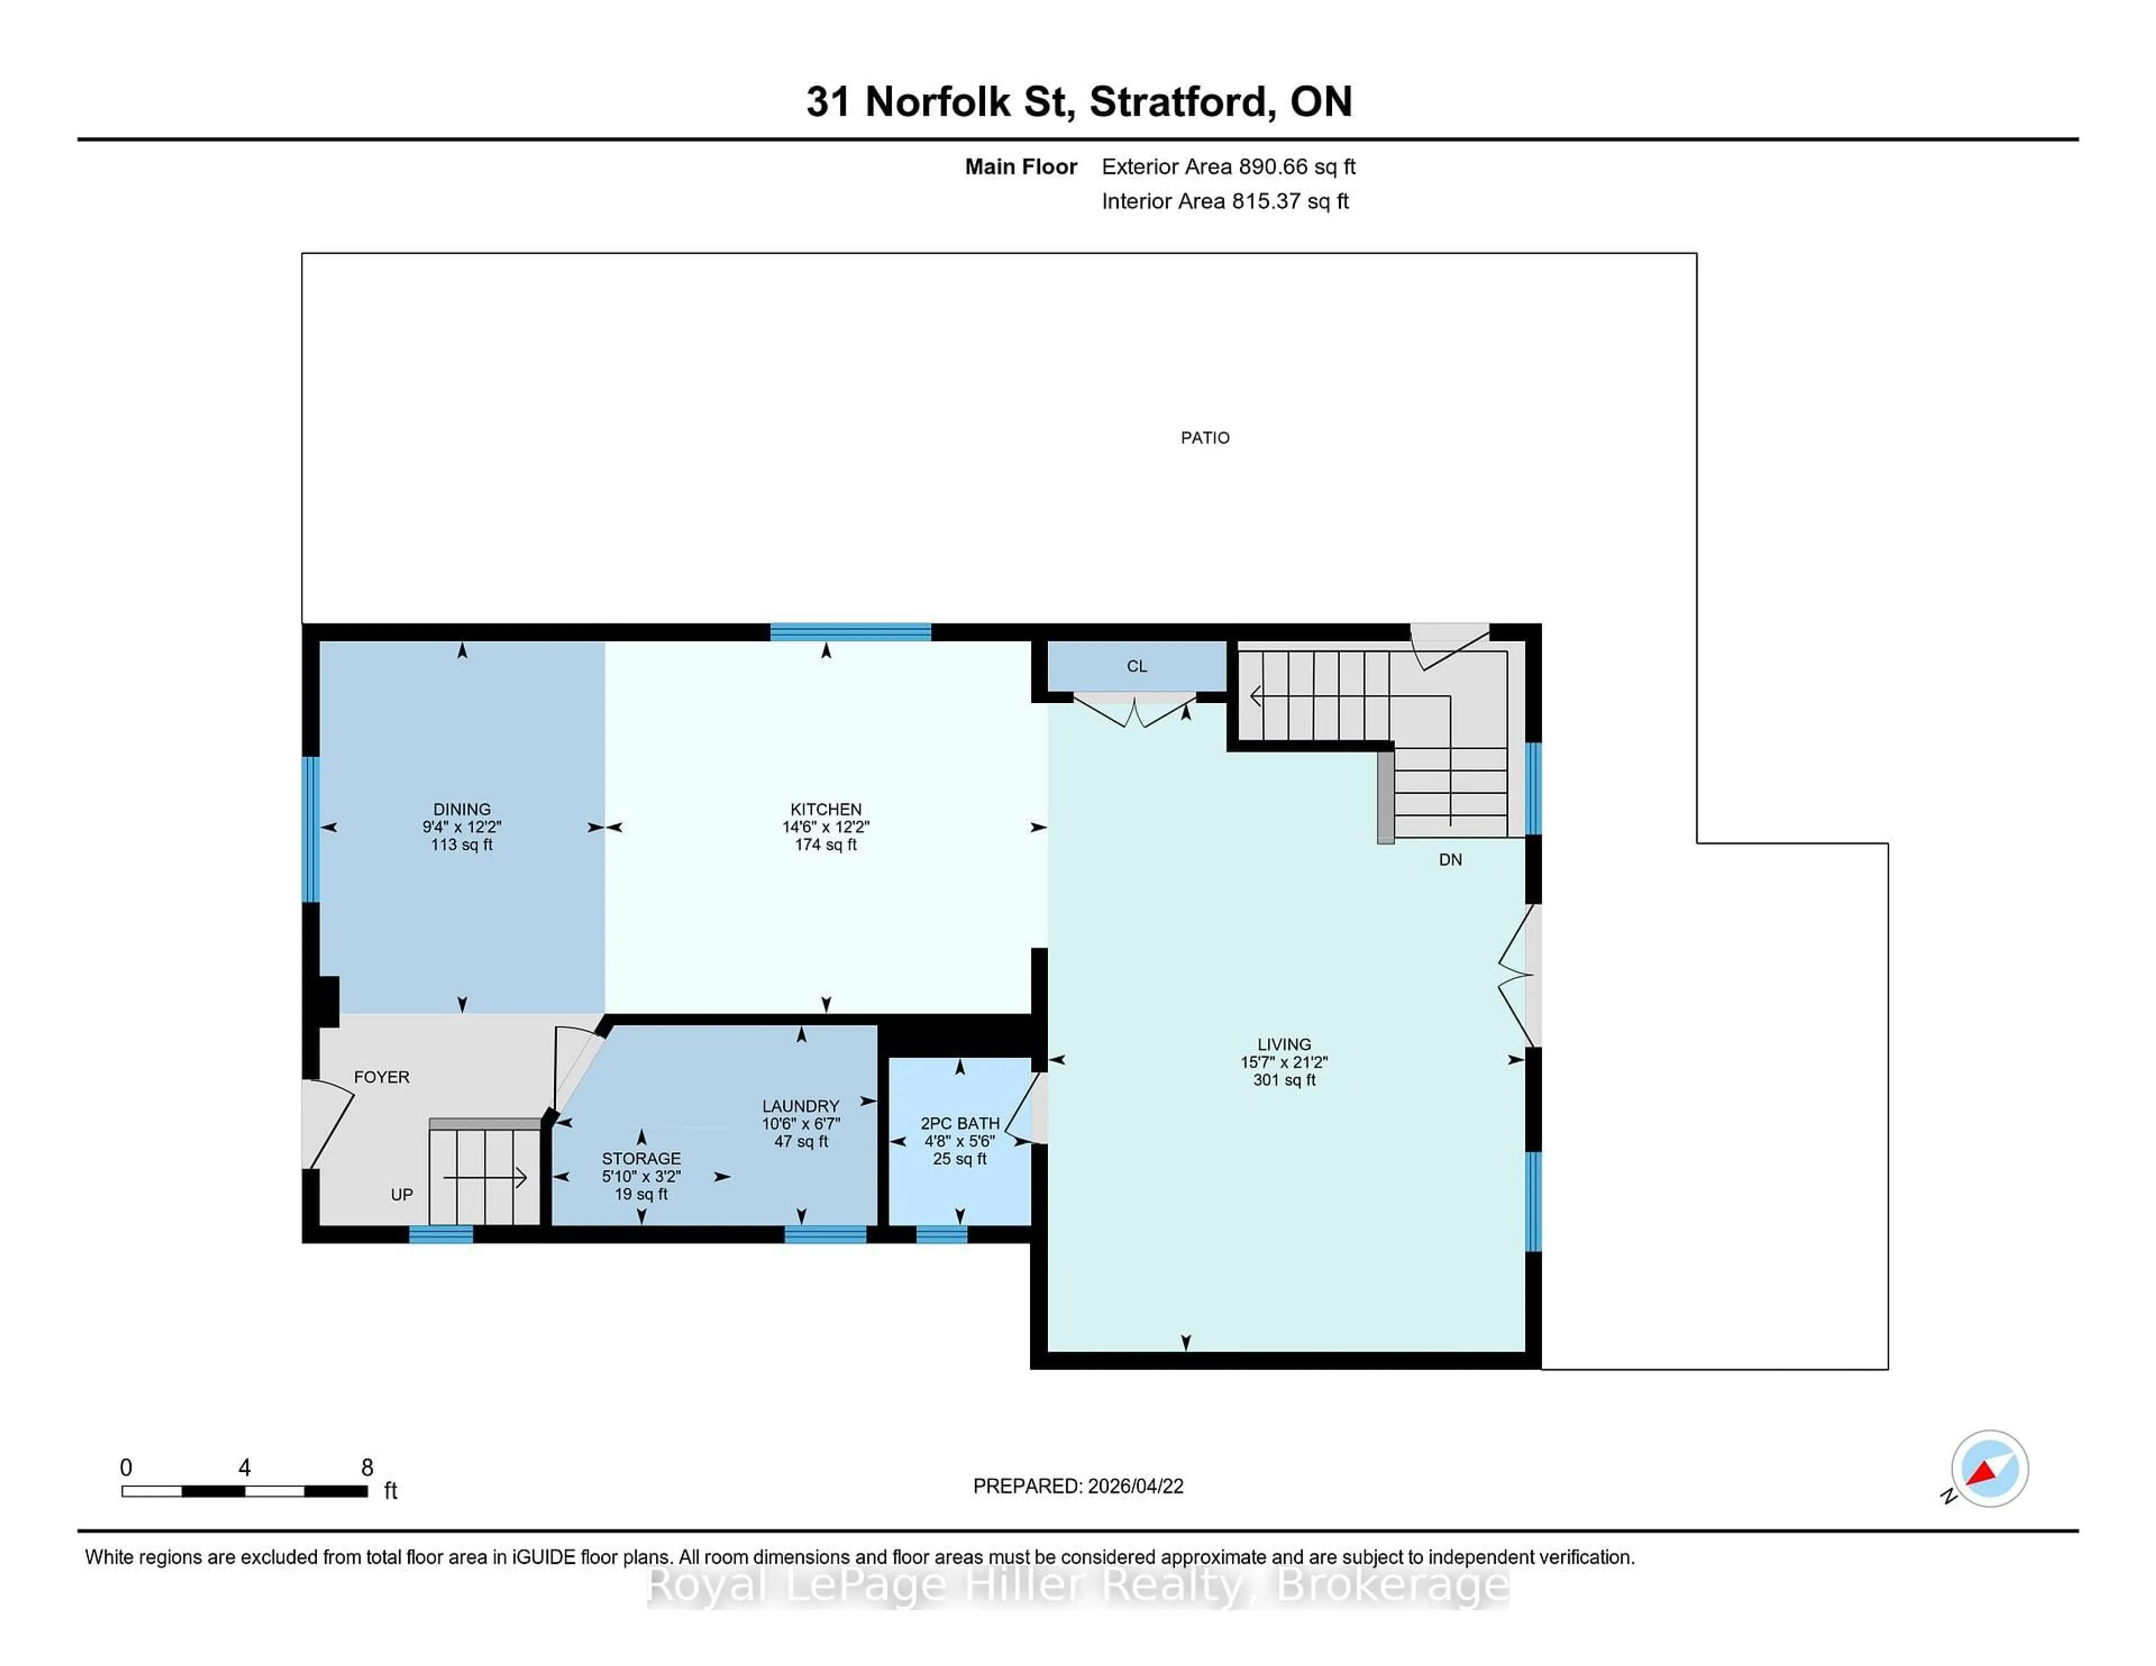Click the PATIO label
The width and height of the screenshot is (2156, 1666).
point(1204,437)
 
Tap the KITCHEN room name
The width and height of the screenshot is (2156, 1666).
point(825,808)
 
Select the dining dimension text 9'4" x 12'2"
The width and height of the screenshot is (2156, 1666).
point(461,827)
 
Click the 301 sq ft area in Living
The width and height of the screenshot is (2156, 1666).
point(1283,1080)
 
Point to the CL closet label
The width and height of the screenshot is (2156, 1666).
point(1136,666)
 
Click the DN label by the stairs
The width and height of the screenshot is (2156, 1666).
point(1449,859)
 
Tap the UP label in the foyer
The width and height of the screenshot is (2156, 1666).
point(401,1194)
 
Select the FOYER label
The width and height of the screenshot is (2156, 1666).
point(381,1077)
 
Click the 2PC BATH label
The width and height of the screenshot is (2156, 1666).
point(960,1123)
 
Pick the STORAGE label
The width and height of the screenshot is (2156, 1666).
point(641,1157)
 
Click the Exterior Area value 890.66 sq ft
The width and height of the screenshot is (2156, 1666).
point(1297,167)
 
